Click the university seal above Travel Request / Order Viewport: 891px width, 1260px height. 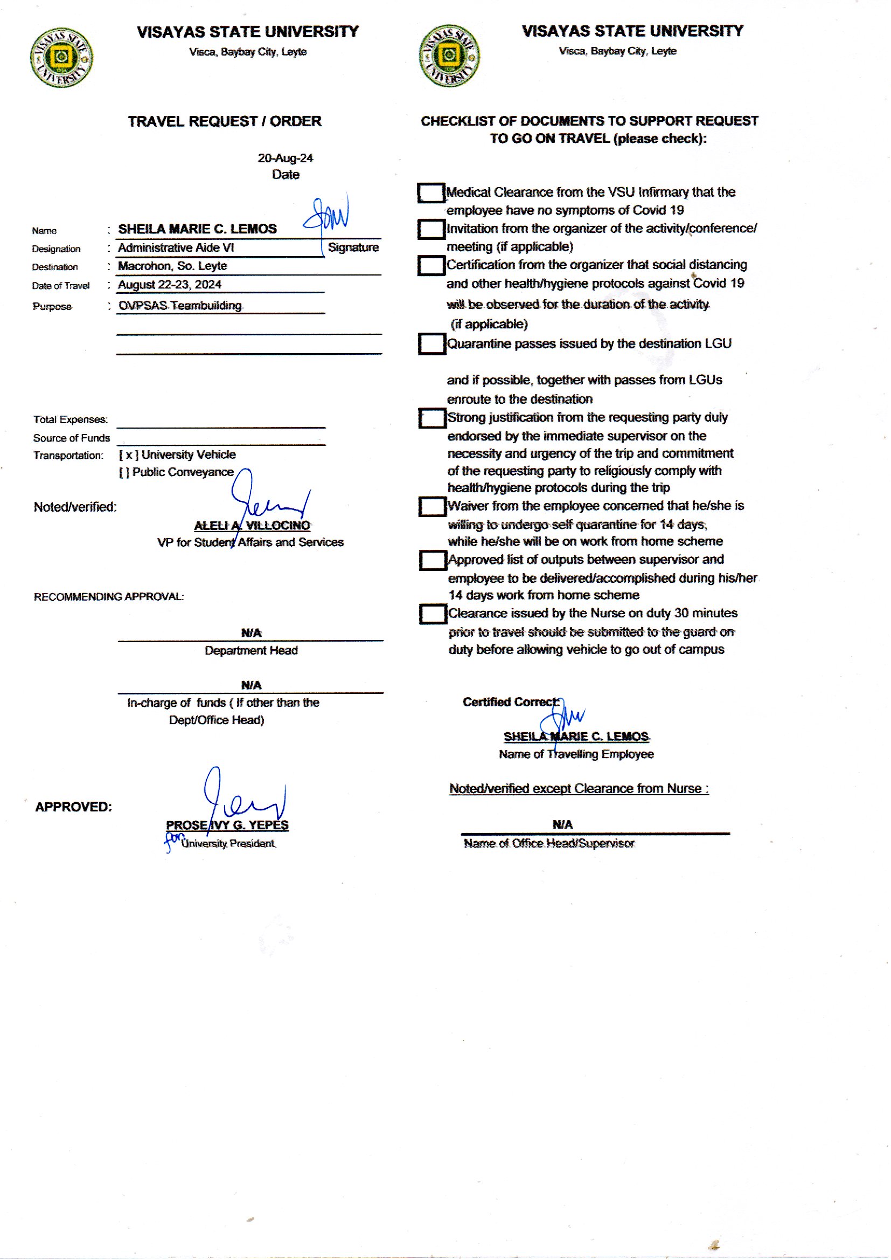[x=61, y=57]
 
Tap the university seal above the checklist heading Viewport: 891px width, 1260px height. [x=449, y=56]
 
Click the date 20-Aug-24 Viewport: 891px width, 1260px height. [x=286, y=158]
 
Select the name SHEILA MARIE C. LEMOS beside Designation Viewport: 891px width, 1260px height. [x=198, y=229]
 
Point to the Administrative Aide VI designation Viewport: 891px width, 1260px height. [x=176, y=247]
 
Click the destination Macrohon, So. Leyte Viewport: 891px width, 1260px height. [x=172, y=266]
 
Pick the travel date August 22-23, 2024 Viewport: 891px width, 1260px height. [x=170, y=284]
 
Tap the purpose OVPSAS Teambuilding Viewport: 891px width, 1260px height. [x=180, y=305]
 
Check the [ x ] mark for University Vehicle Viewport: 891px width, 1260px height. [x=129, y=455]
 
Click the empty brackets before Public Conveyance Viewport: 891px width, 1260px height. [x=124, y=472]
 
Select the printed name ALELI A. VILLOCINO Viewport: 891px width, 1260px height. [x=252, y=526]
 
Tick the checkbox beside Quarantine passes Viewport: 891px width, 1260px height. [x=432, y=343]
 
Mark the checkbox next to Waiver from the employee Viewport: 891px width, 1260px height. [x=433, y=506]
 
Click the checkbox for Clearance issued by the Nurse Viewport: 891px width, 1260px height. [x=433, y=614]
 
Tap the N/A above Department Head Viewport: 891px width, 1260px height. [x=251, y=633]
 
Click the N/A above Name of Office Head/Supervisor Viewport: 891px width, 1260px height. [x=562, y=824]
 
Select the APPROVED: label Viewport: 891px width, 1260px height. [x=73, y=807]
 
